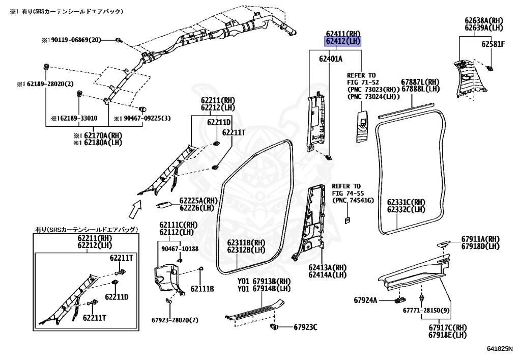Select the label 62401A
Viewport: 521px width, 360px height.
[x=331, y=59]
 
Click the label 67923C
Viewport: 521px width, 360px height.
[x=304, y=327]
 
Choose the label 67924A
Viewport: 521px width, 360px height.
[x=365, y=300]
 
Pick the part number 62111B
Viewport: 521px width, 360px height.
[x=202, y=289]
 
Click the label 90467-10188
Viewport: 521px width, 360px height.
[x=180, y=249]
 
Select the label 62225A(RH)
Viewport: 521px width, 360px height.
[x=198, y=201]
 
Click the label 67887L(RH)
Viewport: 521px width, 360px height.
[x=420, y=82]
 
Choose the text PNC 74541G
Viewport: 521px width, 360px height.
[x=353, y=201]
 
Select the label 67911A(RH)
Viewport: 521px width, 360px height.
[x=480, y=239]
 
